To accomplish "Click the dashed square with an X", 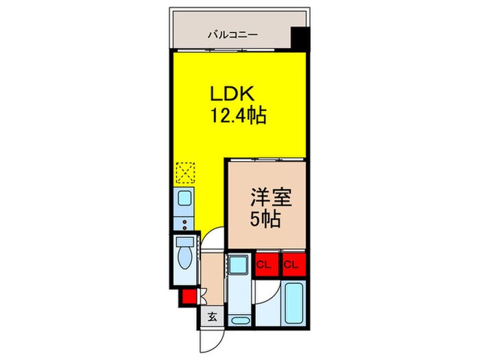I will (185, 171).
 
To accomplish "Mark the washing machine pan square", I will (239, 263).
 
